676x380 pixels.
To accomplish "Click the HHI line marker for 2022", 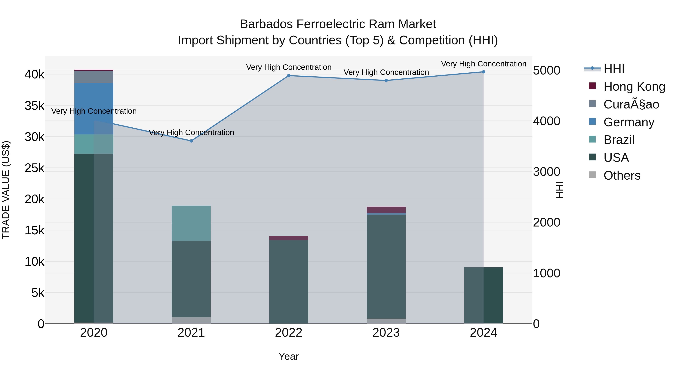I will tap(289, 75).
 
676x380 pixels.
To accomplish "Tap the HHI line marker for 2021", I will tap(191, 141).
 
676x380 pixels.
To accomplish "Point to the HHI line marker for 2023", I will tap(386, 81).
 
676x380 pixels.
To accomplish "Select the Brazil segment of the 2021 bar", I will tap(191, 223).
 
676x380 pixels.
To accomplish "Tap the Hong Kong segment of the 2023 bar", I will tap(386, 210).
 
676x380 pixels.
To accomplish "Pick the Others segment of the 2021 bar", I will tap(191, 320).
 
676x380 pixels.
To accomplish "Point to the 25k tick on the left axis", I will tap(35, 168).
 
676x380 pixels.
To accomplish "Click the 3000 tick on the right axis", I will tap(547, 172).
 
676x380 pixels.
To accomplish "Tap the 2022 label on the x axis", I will tap(289, 333).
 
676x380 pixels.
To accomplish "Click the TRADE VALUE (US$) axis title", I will tap(6, 190).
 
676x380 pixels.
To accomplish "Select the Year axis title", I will tap(289, 356).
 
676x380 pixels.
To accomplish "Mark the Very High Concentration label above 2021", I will tap(191, 132).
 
